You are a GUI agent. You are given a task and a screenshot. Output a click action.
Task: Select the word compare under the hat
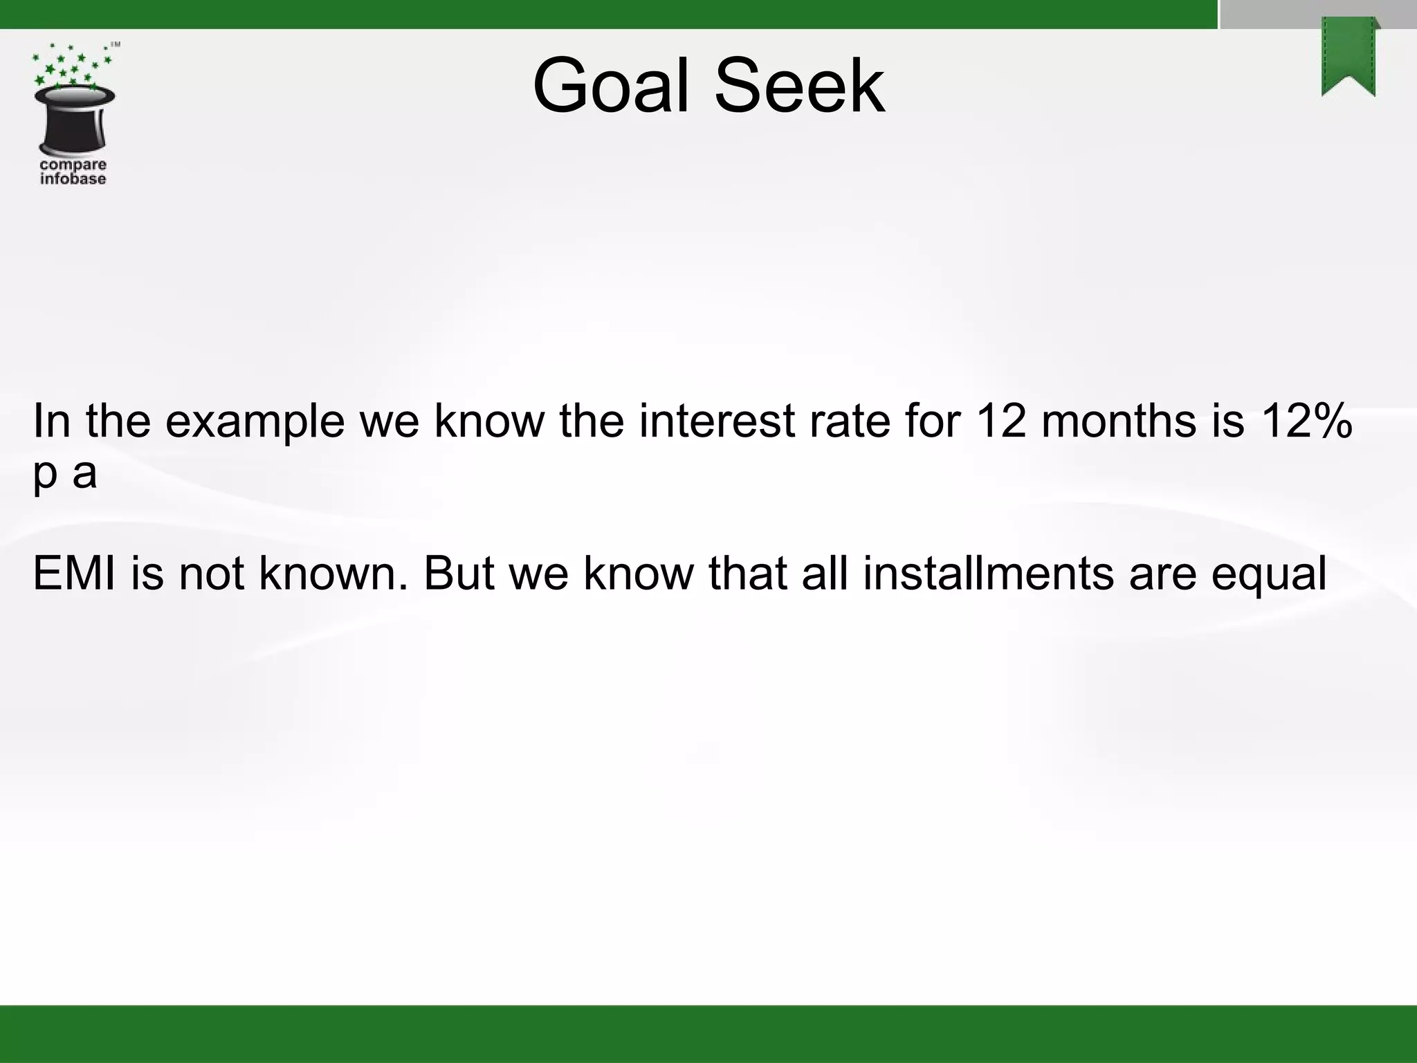(73, 165)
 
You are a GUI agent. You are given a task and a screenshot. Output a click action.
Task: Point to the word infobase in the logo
(73, 179)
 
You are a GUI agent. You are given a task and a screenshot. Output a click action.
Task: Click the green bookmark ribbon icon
(1349, 57)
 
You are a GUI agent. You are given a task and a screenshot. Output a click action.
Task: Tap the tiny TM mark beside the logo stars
(116, 45)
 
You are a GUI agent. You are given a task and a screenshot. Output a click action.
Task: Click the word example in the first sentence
(255, 421)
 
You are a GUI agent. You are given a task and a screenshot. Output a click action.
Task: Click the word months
(1118, 421)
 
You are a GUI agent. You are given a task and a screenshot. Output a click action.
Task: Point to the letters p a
(64, 474)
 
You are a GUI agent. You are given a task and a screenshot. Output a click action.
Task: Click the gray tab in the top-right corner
(1317, 14)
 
